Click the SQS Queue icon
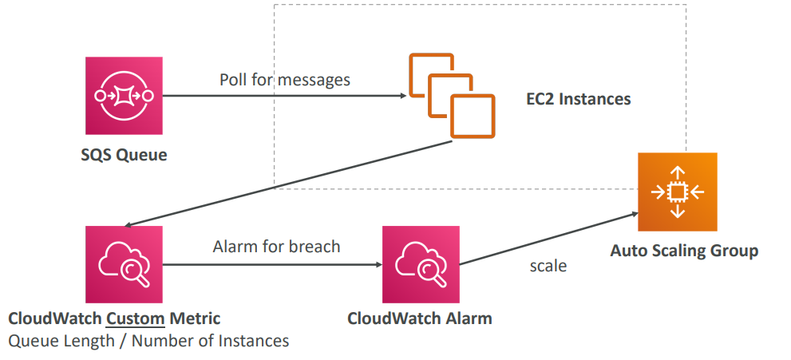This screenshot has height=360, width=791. (x=124, y=95)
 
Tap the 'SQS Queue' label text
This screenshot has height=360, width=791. (x=124, y=155)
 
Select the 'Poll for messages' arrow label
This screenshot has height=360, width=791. (x=285, y=80)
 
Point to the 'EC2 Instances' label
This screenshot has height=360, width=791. (x=578, y=100)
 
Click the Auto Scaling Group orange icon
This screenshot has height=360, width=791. (x=677, y=192)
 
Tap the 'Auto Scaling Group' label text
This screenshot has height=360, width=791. (x=684, y=251)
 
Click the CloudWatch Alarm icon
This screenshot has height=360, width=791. (x=421, y=264)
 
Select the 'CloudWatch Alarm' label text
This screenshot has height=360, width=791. (x=420, y=318)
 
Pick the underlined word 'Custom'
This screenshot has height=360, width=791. (x=135, y=319)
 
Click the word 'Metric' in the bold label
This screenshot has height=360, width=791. (x=195, y=319)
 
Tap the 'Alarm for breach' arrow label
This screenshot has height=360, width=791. (x=276, y=247)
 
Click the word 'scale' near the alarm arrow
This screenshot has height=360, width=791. (x=548, y=266)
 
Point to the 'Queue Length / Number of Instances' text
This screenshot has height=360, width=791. (x=148, y=341)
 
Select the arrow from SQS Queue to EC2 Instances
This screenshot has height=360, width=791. (x=279, y=96)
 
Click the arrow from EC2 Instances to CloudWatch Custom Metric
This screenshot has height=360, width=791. (x=287, y=184)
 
